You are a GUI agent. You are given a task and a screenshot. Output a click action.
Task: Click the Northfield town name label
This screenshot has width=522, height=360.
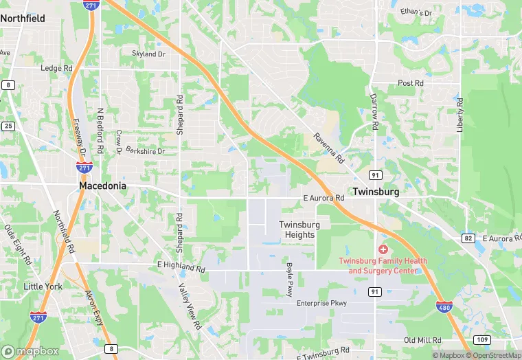click(x=23, y=19)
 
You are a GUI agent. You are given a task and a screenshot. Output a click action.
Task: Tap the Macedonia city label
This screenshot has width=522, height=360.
click(x=102, y=186)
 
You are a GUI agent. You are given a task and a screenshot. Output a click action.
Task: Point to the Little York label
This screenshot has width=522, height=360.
click(x=43, y=286)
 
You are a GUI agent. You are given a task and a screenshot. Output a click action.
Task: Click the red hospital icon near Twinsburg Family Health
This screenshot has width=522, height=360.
click(x=383, y=249)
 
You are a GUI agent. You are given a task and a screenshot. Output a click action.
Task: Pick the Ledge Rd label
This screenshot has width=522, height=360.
click(x=56, y=69)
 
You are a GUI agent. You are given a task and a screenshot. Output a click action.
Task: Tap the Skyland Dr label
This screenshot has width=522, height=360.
click(x=149, y=54)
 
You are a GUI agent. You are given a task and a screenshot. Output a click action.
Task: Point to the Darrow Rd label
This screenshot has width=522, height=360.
click(x=374, y=113)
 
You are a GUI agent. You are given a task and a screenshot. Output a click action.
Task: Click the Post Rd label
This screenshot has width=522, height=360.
click(x=410, y=83)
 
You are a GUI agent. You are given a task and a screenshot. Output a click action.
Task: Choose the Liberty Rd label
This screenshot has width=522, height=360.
click(x=460, y=115)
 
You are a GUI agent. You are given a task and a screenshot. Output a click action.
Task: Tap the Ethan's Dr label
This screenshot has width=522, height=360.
click(x=417, y=13)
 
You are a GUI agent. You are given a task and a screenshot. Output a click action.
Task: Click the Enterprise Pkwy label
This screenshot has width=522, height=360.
click(x=321, y=303)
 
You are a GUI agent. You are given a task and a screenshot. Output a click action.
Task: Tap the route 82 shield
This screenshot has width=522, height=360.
click(x=468, y=238)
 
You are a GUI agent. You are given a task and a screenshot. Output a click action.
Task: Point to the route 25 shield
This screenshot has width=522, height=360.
click(x=8, y=126)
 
